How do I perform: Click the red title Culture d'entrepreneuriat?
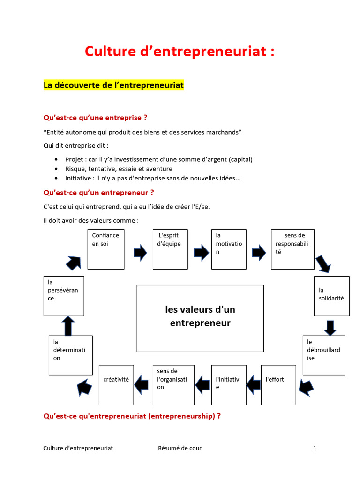pos(180,51)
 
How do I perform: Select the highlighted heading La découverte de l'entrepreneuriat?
pos(113,85)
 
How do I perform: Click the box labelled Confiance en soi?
pos(106,249)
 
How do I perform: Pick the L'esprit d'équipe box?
pos(171,249)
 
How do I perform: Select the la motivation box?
pos(229,249)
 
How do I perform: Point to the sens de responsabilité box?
pos(292,249)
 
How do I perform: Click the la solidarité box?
pos(331,296)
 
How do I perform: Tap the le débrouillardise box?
pos(324,355)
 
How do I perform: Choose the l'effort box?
pos(278,384)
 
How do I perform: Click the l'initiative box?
pos(229,384)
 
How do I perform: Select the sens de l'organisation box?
pos(173,384)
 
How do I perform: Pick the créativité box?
pos(116,384)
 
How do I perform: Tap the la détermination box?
pos(70,355)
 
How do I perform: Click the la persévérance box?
pos(64,296)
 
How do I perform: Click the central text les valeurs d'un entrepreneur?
pos(200,316)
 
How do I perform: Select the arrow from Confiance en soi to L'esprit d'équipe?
pos(140,253)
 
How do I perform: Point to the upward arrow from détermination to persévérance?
pos(68,326)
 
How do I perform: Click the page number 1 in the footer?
pos(315,448)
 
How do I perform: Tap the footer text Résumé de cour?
pos(180,448)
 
